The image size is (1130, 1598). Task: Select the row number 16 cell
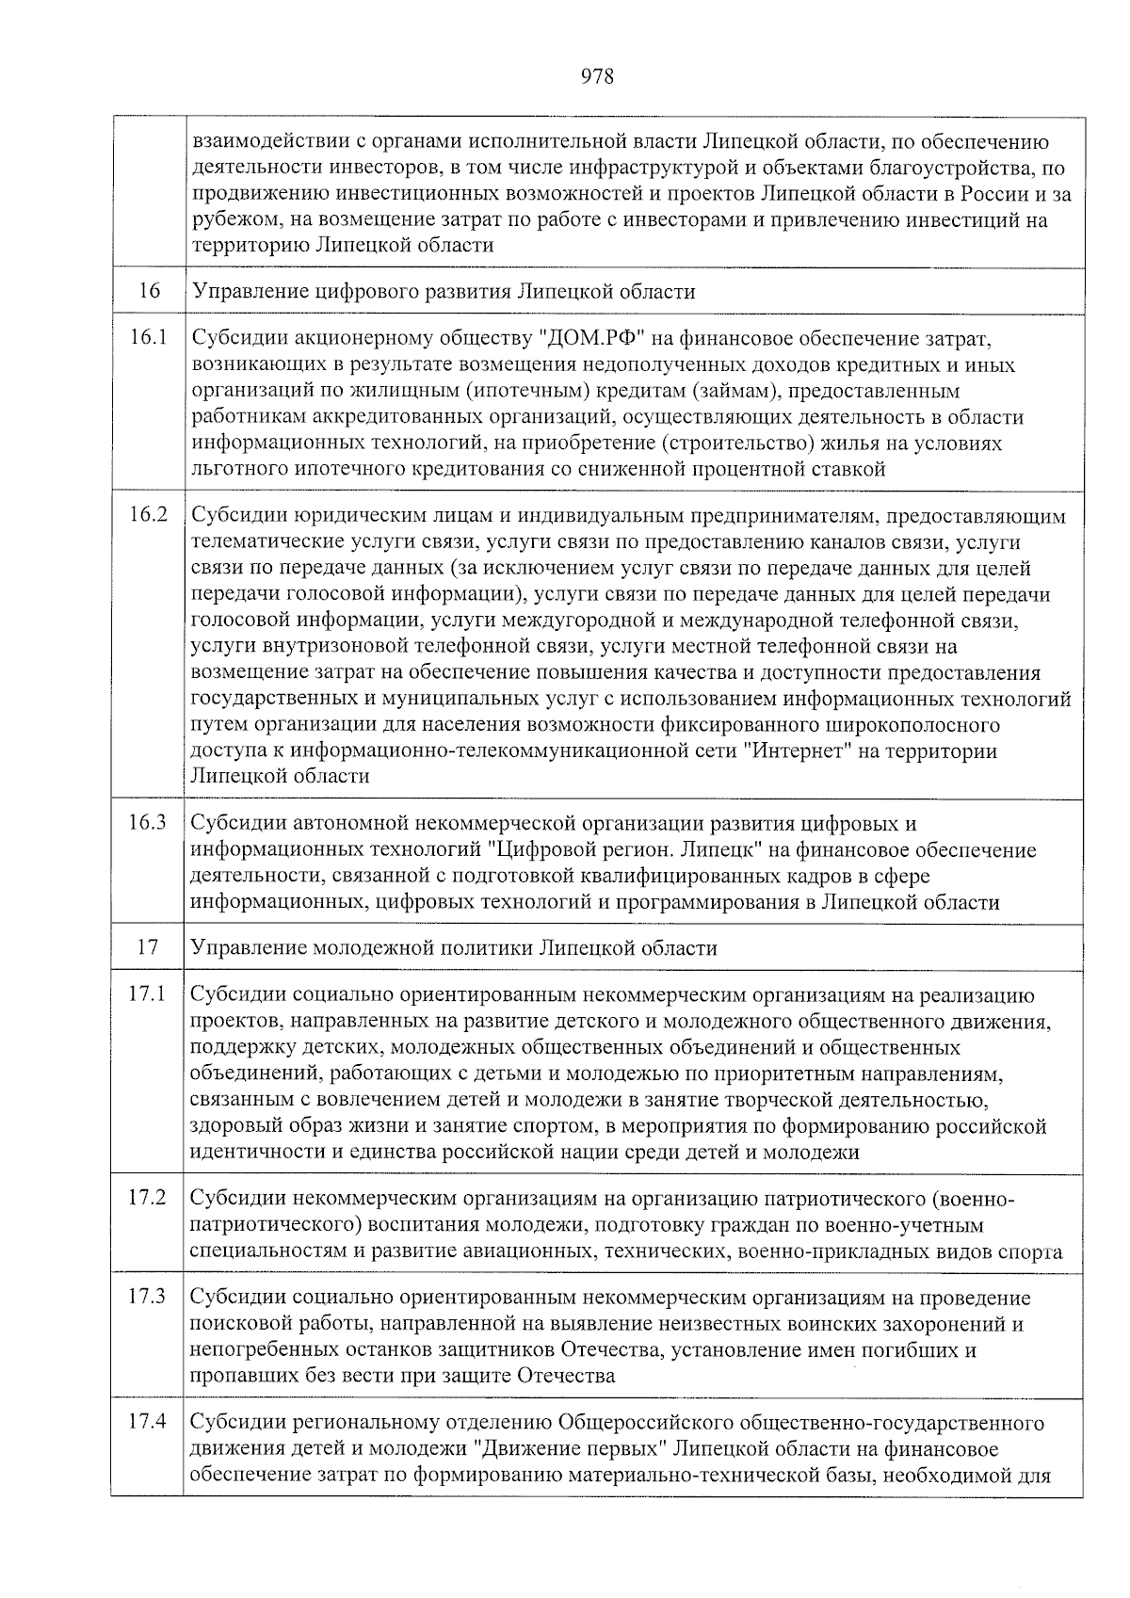(149, 291)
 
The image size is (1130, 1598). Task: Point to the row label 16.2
(149, 515)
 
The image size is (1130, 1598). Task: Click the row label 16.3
(149, 823)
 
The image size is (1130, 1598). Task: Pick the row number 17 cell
(147, 947)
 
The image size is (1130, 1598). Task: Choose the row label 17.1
(149, 994)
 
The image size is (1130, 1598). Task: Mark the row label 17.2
(149, 1199)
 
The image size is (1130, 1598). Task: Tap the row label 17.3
(149, 1297)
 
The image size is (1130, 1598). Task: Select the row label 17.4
(149, 1422)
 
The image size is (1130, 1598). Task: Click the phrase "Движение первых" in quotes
(570, 1448)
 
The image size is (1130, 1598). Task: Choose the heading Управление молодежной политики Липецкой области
(454, 948)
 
